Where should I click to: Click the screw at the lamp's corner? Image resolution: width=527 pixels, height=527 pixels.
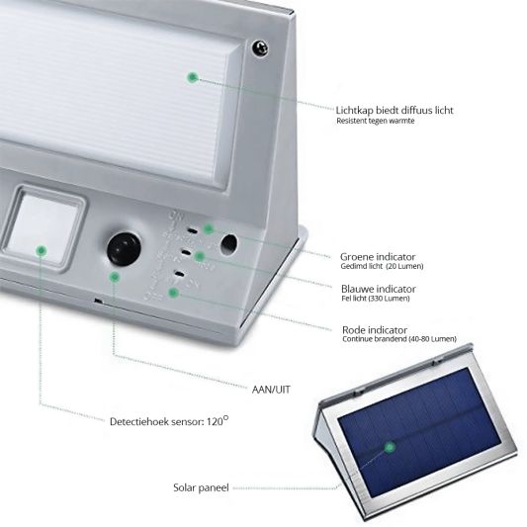(x=260, y=48)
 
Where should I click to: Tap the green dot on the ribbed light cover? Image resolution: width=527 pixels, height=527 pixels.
(x=193, y=78)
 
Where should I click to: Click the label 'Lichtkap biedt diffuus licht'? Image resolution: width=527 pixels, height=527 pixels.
(x=395, y=110)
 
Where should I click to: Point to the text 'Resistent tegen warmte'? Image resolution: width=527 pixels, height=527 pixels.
(x=376, y=121)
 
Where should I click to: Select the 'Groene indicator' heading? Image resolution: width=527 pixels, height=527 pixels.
(x=378, y=257)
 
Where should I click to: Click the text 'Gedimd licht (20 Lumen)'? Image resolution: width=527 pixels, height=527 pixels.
(x=382, y=266)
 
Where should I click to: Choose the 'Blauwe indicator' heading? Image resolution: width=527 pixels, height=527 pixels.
(x=379, y=289)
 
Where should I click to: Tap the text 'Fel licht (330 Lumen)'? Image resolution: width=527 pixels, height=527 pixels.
(x=376, y=299)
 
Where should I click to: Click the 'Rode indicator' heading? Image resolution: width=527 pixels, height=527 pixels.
(x=375, y=329)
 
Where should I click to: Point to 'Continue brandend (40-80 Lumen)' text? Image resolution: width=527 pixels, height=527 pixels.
(x=399, y=339)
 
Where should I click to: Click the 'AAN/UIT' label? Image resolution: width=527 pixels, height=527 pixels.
(x=271, y=390)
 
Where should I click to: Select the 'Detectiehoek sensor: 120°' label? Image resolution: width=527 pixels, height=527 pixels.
(x=169, y=421)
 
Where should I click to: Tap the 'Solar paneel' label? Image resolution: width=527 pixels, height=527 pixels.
(x=201, y=487)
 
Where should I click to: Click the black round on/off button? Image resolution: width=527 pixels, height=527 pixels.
(x=124, y=249)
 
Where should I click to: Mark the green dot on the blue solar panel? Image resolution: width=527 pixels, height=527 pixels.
(x=390, y=447)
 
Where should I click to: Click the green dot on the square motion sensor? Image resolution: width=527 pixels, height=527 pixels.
(x=42, y=250)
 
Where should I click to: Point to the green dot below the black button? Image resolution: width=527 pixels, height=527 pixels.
(x=115, y=277)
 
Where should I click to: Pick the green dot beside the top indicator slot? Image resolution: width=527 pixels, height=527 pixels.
(x=209, y=228)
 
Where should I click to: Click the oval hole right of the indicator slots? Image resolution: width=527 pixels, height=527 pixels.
(x=228, y=244)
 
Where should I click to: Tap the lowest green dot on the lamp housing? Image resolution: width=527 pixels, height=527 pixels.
(x=173, y=293)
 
